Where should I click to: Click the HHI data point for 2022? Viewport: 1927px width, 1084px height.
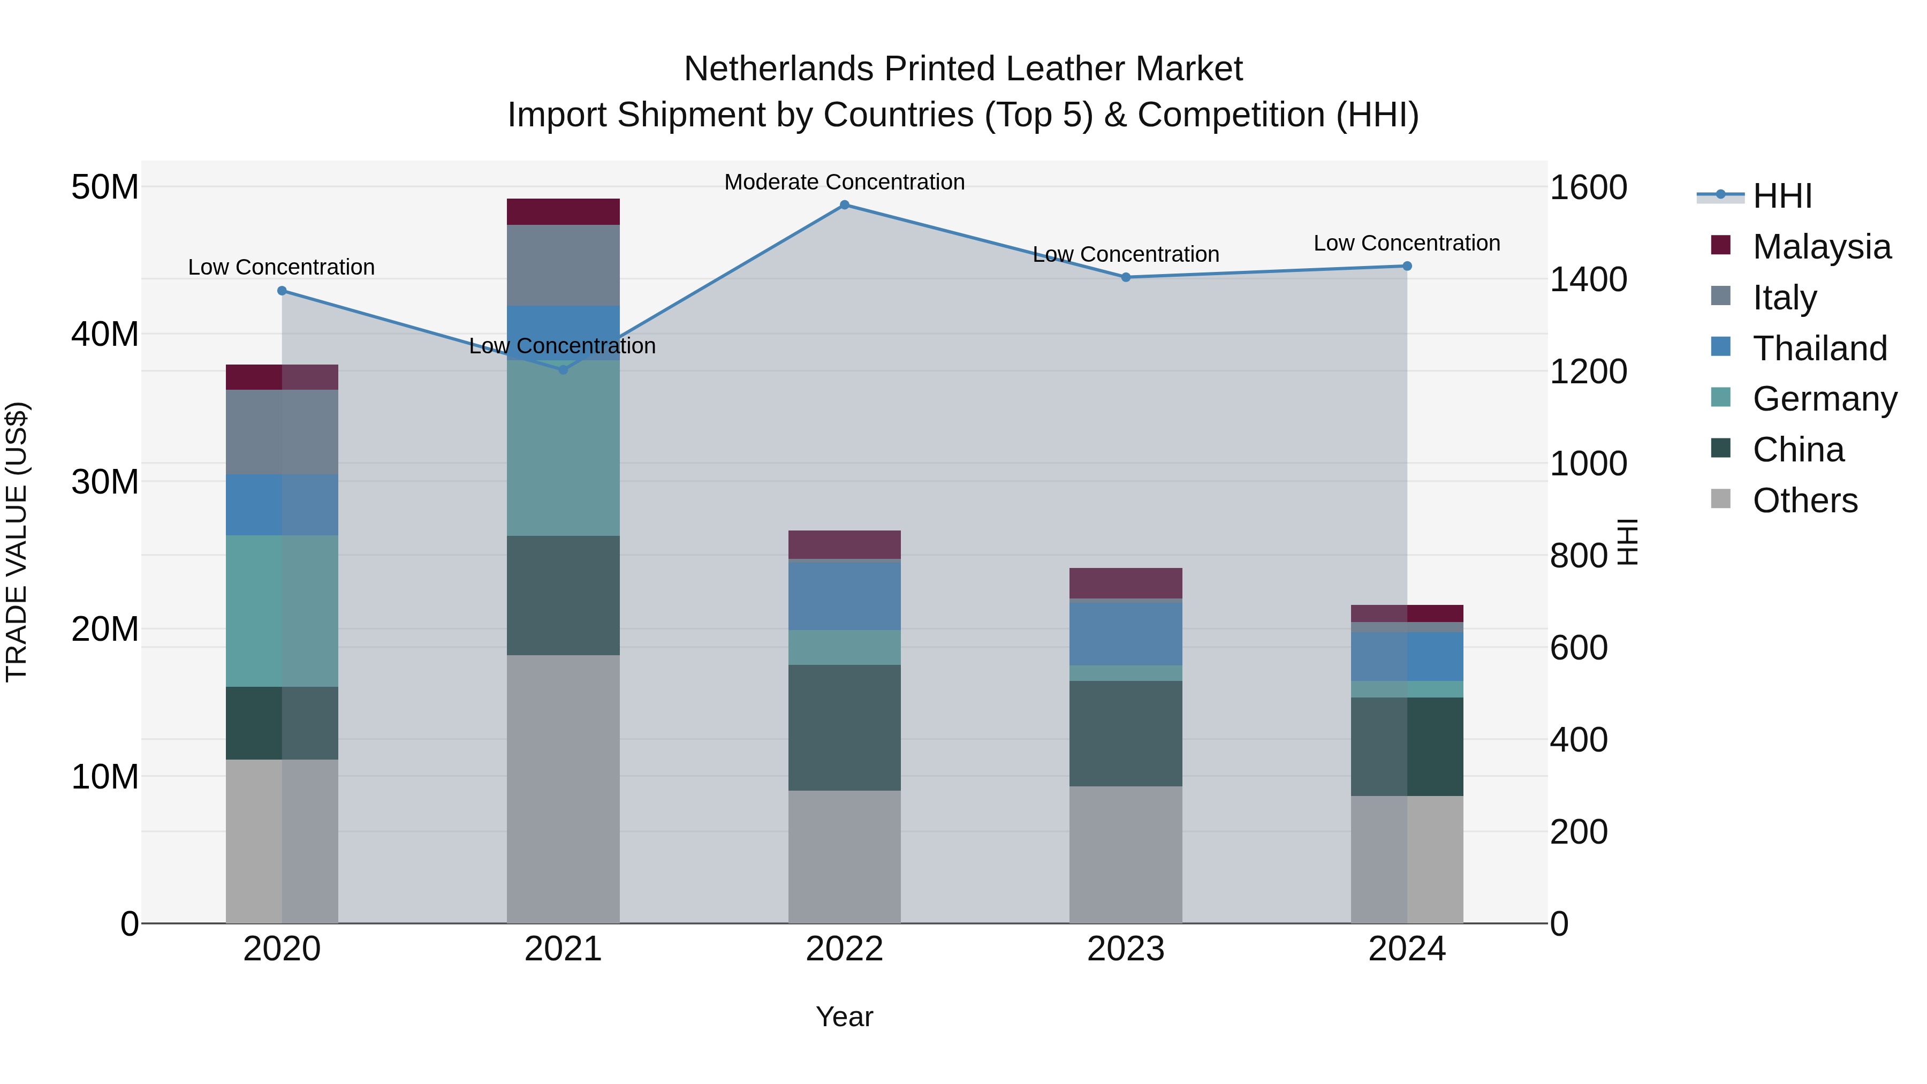845,205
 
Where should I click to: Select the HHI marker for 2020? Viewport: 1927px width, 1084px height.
282,291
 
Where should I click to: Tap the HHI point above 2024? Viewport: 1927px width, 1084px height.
1407,267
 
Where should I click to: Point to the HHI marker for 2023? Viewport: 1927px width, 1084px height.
1126,277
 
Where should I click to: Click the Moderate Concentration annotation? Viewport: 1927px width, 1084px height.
845,182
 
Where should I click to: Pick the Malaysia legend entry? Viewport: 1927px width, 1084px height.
1821,247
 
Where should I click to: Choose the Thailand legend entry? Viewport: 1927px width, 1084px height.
1819,348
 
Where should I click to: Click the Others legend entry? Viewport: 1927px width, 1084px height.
1804,501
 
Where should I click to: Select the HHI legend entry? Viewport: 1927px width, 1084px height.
1782,196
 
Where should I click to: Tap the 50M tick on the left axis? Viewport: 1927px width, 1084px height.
105,187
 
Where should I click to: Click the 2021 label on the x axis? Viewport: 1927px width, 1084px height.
563,949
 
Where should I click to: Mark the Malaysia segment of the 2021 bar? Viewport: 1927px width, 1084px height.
563,211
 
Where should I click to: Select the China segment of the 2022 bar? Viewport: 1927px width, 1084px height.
845,728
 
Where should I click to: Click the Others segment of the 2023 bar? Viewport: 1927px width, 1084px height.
1126,854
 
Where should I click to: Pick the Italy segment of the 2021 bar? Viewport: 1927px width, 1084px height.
563,266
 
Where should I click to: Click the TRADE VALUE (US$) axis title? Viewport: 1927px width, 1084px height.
17,542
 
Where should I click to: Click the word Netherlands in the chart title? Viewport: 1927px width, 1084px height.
779,69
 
